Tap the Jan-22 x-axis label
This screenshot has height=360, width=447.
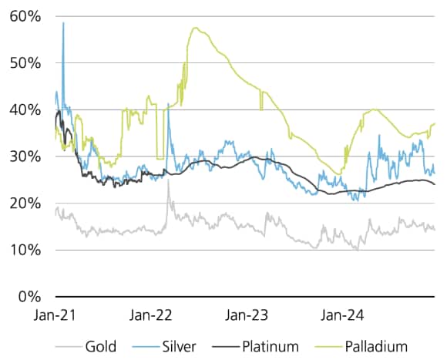150,315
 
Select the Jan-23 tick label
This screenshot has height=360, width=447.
245,315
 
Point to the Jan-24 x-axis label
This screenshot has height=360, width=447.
341,315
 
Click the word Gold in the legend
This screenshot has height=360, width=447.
100,347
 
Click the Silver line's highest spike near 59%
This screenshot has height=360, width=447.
63,23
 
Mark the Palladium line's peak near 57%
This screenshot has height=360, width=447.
194,29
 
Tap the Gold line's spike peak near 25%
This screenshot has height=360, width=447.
168,182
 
